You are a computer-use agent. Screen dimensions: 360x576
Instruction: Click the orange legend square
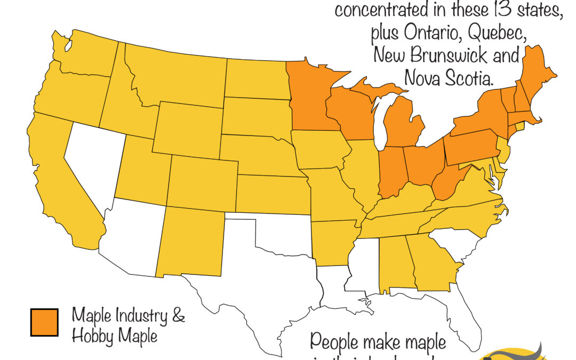pyautogui.click(x=44, y=322)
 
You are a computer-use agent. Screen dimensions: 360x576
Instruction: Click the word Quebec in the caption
pyautogui.click(x=497, y=34)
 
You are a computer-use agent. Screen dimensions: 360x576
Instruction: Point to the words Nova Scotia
pyautogui.click(x=448, y=78)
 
